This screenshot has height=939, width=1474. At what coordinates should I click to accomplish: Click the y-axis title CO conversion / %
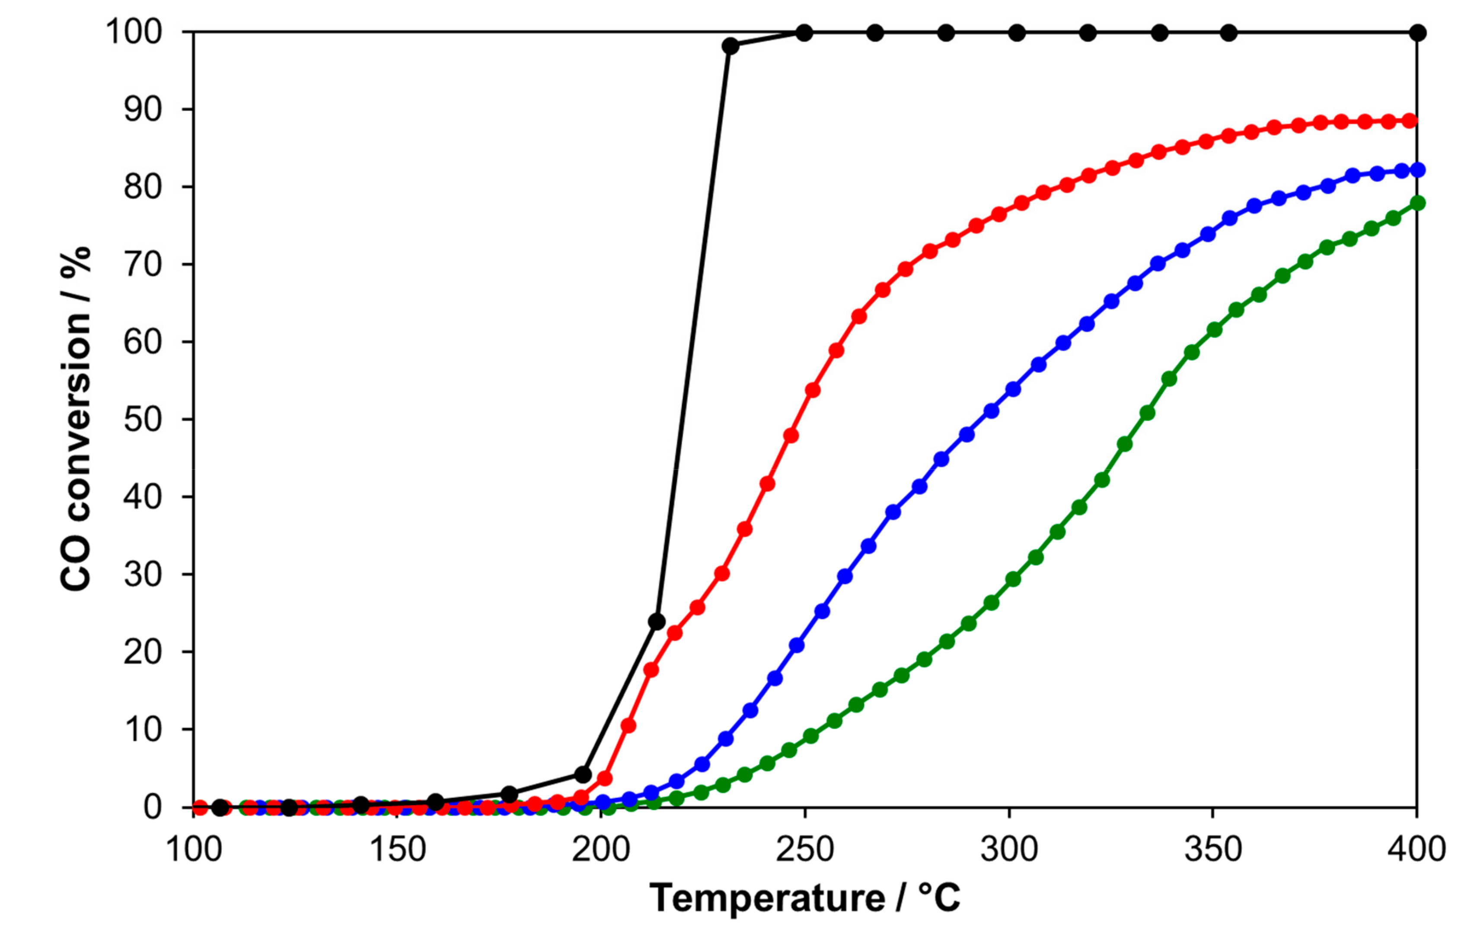click(76, 419)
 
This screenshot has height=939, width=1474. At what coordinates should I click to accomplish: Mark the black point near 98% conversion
click(730, 46)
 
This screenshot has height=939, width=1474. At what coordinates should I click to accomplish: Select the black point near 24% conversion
click(656, 622)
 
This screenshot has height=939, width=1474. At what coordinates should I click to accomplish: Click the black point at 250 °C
click(805, 33)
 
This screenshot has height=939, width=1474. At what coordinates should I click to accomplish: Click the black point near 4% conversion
click(584, 775)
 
